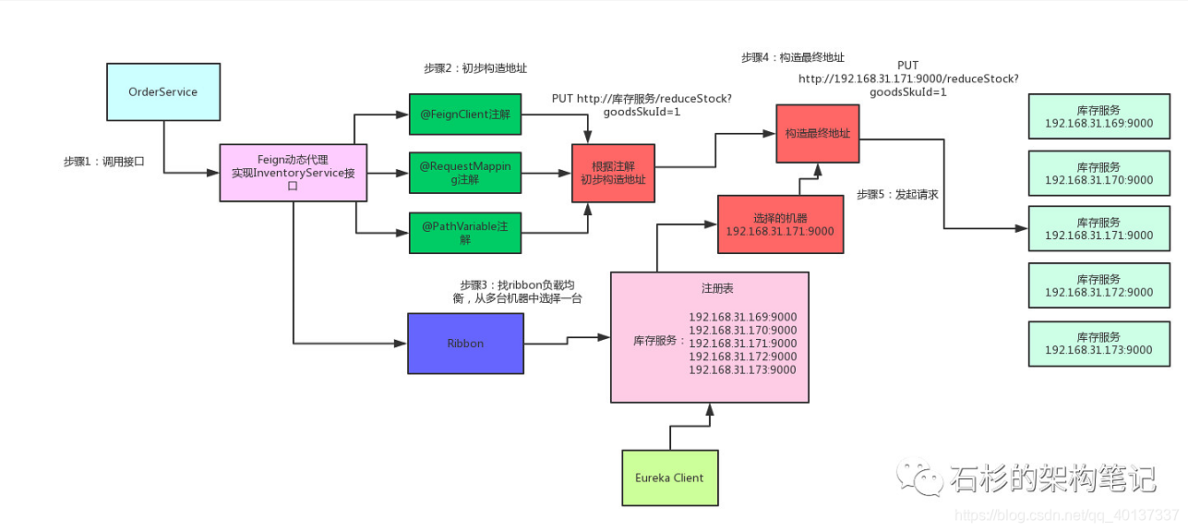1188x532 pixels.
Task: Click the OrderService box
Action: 163,91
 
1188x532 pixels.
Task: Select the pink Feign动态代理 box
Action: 293,173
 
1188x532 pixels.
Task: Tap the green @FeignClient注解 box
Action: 464,115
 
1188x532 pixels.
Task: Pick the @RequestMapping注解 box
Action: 464,173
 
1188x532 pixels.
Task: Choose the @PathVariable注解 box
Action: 464,232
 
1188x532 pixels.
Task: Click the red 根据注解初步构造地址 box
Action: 613,173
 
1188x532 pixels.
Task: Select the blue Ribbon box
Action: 465,343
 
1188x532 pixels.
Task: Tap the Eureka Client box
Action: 669,478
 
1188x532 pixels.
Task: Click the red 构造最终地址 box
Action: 817,134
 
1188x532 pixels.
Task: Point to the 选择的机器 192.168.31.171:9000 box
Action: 780,224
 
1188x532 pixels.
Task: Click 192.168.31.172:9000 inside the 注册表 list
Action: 742,357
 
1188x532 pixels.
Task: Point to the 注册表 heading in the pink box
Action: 709,289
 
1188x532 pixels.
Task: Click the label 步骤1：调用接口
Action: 103,161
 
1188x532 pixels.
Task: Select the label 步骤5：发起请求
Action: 897,194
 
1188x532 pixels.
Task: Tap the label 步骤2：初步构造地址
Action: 474,68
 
